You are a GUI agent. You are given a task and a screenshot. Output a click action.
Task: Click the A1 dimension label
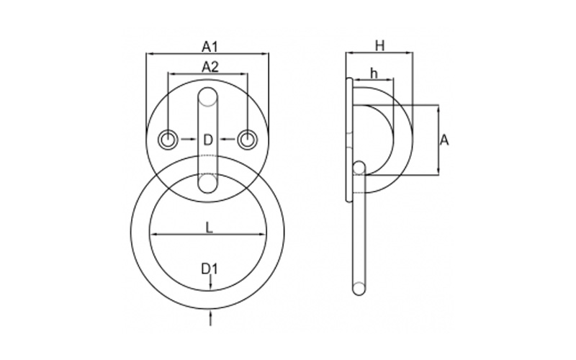(210, 47)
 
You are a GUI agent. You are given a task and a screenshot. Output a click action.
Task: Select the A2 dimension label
(210, 67)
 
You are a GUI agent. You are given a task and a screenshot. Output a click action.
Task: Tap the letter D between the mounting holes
(208, 140)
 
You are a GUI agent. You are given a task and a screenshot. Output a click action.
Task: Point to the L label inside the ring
(209, 228)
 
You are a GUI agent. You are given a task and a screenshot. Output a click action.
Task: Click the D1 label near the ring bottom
(210, 269)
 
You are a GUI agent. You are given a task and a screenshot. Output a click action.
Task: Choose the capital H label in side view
(380, 46)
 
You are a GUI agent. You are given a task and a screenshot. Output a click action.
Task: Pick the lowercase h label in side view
(374, 73)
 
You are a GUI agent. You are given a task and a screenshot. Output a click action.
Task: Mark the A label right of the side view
(444, 140)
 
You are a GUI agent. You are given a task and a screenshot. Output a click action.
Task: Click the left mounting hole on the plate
(168, 140)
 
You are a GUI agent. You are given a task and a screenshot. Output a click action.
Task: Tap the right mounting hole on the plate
(248, 140)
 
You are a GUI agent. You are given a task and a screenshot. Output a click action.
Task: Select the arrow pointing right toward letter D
(188, 139)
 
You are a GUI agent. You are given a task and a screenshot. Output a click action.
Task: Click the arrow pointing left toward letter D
(228, 139)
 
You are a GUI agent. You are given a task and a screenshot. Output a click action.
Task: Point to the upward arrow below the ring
(210, 318)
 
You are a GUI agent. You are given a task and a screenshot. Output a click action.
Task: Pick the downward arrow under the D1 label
(210, 283)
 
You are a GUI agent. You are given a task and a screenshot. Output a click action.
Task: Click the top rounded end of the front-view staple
(208, 96)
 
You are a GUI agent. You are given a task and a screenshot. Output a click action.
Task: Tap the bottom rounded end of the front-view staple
(208, 184)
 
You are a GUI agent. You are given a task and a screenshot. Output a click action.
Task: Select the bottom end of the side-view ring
(359, 289)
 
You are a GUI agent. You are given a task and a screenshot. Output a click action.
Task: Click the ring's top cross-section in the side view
(359, 168)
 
